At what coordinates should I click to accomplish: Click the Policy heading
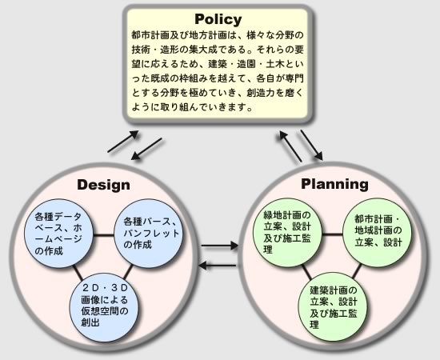(x=218, y=19)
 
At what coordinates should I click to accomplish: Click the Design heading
(x=103, y=185)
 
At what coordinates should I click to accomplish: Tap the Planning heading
(x=334, y=184)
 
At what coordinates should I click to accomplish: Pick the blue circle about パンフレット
(x=148, y=233)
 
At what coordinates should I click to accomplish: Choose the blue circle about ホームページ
(x=59, y=234)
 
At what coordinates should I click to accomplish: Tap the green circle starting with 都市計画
(x=378, y=233)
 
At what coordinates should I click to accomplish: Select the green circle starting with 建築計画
(x=333, y=307)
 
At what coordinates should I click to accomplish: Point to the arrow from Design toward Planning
(x=220, y=246)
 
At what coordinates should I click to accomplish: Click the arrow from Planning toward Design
(x=217, y=265)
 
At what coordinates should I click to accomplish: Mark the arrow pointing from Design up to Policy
(x=123, y=142)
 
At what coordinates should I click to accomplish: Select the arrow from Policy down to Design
(x=146, y=150)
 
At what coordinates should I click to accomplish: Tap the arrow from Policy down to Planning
(x=311, y=146)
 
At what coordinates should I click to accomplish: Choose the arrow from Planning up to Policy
(x=290, y=146)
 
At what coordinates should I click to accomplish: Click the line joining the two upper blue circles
(x=103, y=235)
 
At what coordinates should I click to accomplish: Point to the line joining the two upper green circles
(x=333, y=234)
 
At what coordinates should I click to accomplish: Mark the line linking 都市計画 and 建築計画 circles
(x=356, y=271)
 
